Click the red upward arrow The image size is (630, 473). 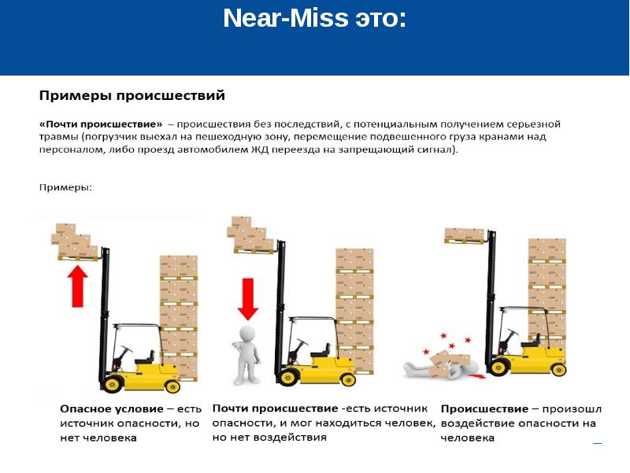coord(77,286)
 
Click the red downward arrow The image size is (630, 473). coord(247,299)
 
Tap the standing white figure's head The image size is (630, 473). coord(247,334)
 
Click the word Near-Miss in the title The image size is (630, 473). coord(286,18)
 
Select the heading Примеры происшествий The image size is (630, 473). coord(132,95)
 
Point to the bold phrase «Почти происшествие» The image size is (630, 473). coord(101,124)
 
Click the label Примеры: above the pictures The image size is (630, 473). coord(65,187)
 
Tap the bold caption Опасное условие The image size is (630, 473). coord(112,409)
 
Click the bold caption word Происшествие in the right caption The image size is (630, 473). coord(484,409)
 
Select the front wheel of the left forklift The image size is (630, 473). coord(112,384)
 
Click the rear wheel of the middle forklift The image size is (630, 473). coord(348,379)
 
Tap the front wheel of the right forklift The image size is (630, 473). coord(498,368)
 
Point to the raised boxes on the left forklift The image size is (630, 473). coord(75,241)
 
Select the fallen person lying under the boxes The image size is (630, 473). coord(442,366)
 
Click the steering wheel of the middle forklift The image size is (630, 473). coord(301,342)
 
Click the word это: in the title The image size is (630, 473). coord(380,18)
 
